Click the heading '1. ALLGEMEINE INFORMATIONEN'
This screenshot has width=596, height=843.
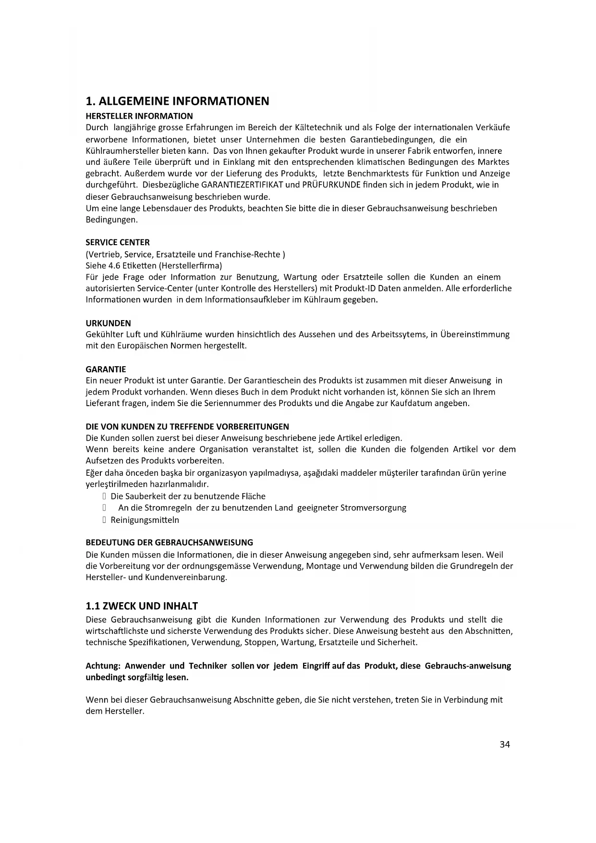coord(177,101)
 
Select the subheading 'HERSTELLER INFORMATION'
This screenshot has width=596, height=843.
coord(139,116)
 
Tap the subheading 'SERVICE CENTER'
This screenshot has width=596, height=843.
coord(118,243)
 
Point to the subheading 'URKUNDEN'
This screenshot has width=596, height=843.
coord(108,323)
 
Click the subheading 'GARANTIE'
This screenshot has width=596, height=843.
coord(106,370)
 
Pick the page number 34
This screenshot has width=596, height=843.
coord(505,744)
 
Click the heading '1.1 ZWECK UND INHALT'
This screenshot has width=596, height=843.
coord(142,606)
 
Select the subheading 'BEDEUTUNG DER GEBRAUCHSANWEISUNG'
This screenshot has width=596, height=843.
coord(169,543)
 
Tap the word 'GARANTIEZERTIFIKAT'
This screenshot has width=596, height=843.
coord(242,185)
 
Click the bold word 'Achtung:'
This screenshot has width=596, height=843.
coord(102,666)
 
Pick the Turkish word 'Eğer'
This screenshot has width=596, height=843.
coord(94,473)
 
